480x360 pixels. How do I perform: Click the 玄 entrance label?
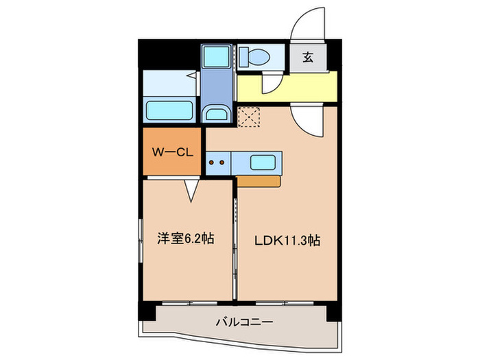pyautogui.click(x=307, y=58)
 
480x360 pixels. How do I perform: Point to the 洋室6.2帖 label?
pyautogui.click(x=186, y=239)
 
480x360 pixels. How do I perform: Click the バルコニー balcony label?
pyautogui.click(x=245, y=321)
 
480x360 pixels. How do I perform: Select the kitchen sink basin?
pyautogui.click(x=263, y=163)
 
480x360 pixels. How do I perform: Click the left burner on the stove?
pyautogui.click(x=212, y=163)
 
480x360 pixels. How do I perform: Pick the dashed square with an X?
pyautogui.click(x=249, y=116)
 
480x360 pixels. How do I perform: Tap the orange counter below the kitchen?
pyautogui.click(x=259, y=181)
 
